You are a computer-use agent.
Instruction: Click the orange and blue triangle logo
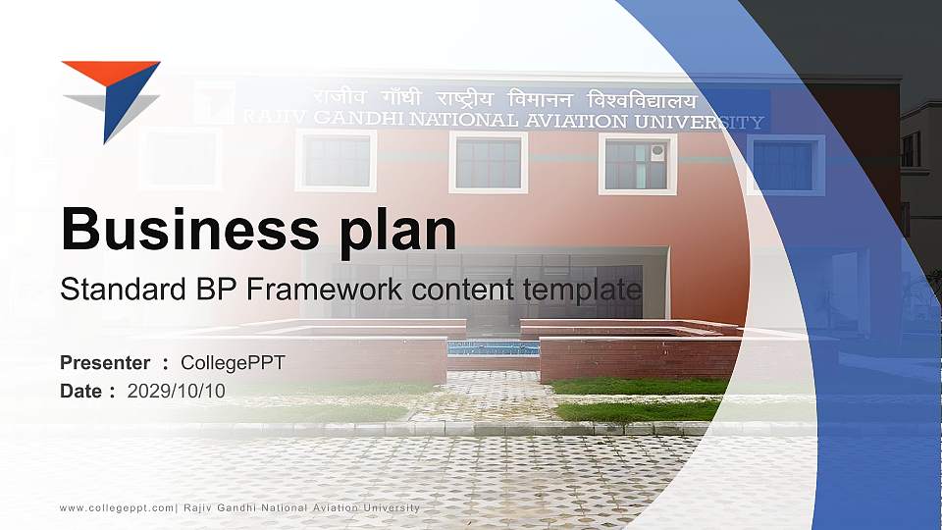tap(110, 96)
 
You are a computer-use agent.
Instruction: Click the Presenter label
tap(105, 363)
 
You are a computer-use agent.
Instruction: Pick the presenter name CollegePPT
tap(233, 363)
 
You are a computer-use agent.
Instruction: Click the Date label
tap(81, 391)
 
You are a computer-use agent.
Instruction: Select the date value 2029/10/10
tap(177, 391)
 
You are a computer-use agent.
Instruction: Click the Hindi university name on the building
tap(504, 99)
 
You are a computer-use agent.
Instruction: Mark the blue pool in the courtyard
tap(493, 347)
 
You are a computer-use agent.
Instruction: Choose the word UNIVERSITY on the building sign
tap(699, 123)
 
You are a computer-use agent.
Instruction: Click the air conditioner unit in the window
tap(657, 152)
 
